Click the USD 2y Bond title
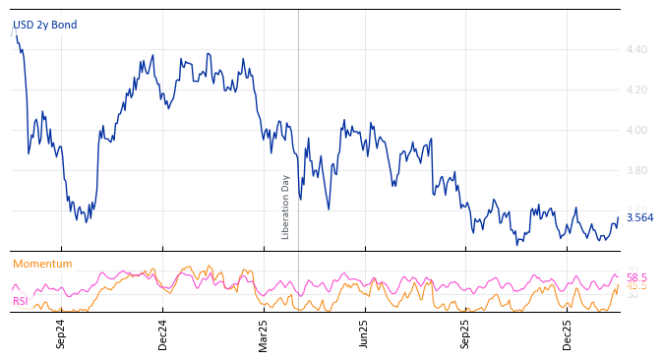click(44, 26)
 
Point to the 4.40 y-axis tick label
click(636, 49)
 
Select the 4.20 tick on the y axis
click(636, 90)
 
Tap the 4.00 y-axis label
click(636, 130)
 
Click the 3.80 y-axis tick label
click(636, 170)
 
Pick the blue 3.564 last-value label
click(639, 218)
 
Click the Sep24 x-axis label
click(61, 333)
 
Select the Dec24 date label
click(163, 333)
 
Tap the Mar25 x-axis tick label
click(264, 333)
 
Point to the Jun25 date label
click(365, 333)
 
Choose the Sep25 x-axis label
click(466, 333)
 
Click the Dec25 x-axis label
click(568, 333)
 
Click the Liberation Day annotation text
click(286, 207)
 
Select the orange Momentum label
click(42, 265)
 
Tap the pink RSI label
click(21, 301)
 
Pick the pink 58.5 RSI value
click(636, 278)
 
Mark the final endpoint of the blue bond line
click(618, 217)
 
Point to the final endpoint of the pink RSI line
click(618, 276)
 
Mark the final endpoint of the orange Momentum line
click(618, 286)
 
